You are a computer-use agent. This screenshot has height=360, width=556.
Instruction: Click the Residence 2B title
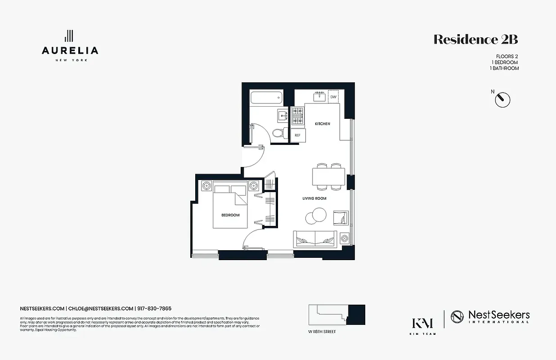tap(475, 40)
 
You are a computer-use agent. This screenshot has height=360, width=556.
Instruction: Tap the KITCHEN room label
tap(322, 124)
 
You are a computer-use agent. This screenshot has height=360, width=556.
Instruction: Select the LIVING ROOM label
tap(314, 198)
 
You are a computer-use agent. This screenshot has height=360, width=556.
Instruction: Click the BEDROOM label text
tap(230, 215)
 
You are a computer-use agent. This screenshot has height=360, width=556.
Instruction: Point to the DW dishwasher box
tap(333, 97)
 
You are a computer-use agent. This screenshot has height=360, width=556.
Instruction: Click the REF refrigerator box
tap(297, 135)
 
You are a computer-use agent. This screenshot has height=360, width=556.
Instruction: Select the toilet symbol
tap(278, 132)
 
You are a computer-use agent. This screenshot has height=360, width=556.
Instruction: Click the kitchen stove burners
tap(297, 116)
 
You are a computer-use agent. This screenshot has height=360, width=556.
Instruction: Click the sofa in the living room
tap(315, 238)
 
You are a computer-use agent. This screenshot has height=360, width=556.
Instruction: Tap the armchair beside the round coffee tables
tap(341, 218)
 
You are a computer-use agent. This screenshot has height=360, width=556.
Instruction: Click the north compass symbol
tap(502, 99)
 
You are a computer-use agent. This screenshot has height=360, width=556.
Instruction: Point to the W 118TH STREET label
tap(322, 332)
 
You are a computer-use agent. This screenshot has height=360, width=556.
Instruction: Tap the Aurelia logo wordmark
tap(70, 50)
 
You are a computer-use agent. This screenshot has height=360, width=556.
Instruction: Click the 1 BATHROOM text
tap(504, 68)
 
